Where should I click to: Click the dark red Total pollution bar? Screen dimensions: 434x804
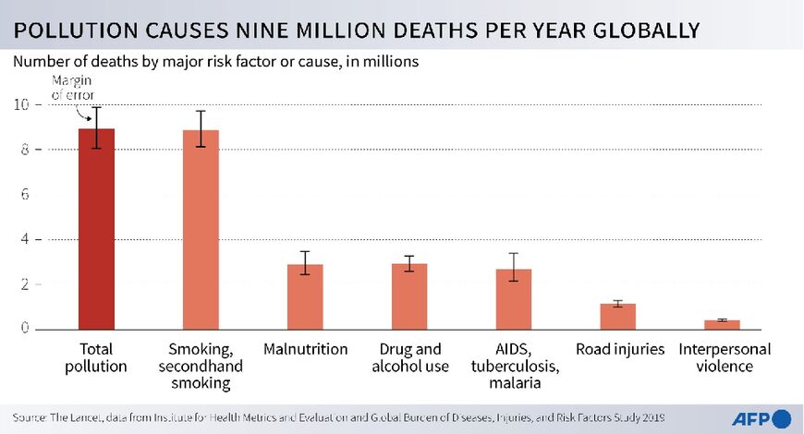click(96, 229)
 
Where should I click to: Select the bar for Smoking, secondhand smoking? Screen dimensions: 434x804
click(201, 230)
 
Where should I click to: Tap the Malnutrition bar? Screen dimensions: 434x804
click(305, 296)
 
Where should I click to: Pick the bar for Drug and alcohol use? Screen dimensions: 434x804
click(409, 296)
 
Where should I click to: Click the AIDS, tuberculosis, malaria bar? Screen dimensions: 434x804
click(514, 299)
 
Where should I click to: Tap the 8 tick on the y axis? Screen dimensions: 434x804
click(23, 150)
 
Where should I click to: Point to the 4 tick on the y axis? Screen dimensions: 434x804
click(23, 239)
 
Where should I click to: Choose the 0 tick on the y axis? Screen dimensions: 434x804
click(23, 329)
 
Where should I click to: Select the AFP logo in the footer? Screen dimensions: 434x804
click(761, 418)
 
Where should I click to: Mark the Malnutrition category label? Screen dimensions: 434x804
click(305, 350)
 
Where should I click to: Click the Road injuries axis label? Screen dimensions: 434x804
click(618, 350)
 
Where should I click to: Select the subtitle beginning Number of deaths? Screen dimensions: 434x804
click(216, 63)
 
